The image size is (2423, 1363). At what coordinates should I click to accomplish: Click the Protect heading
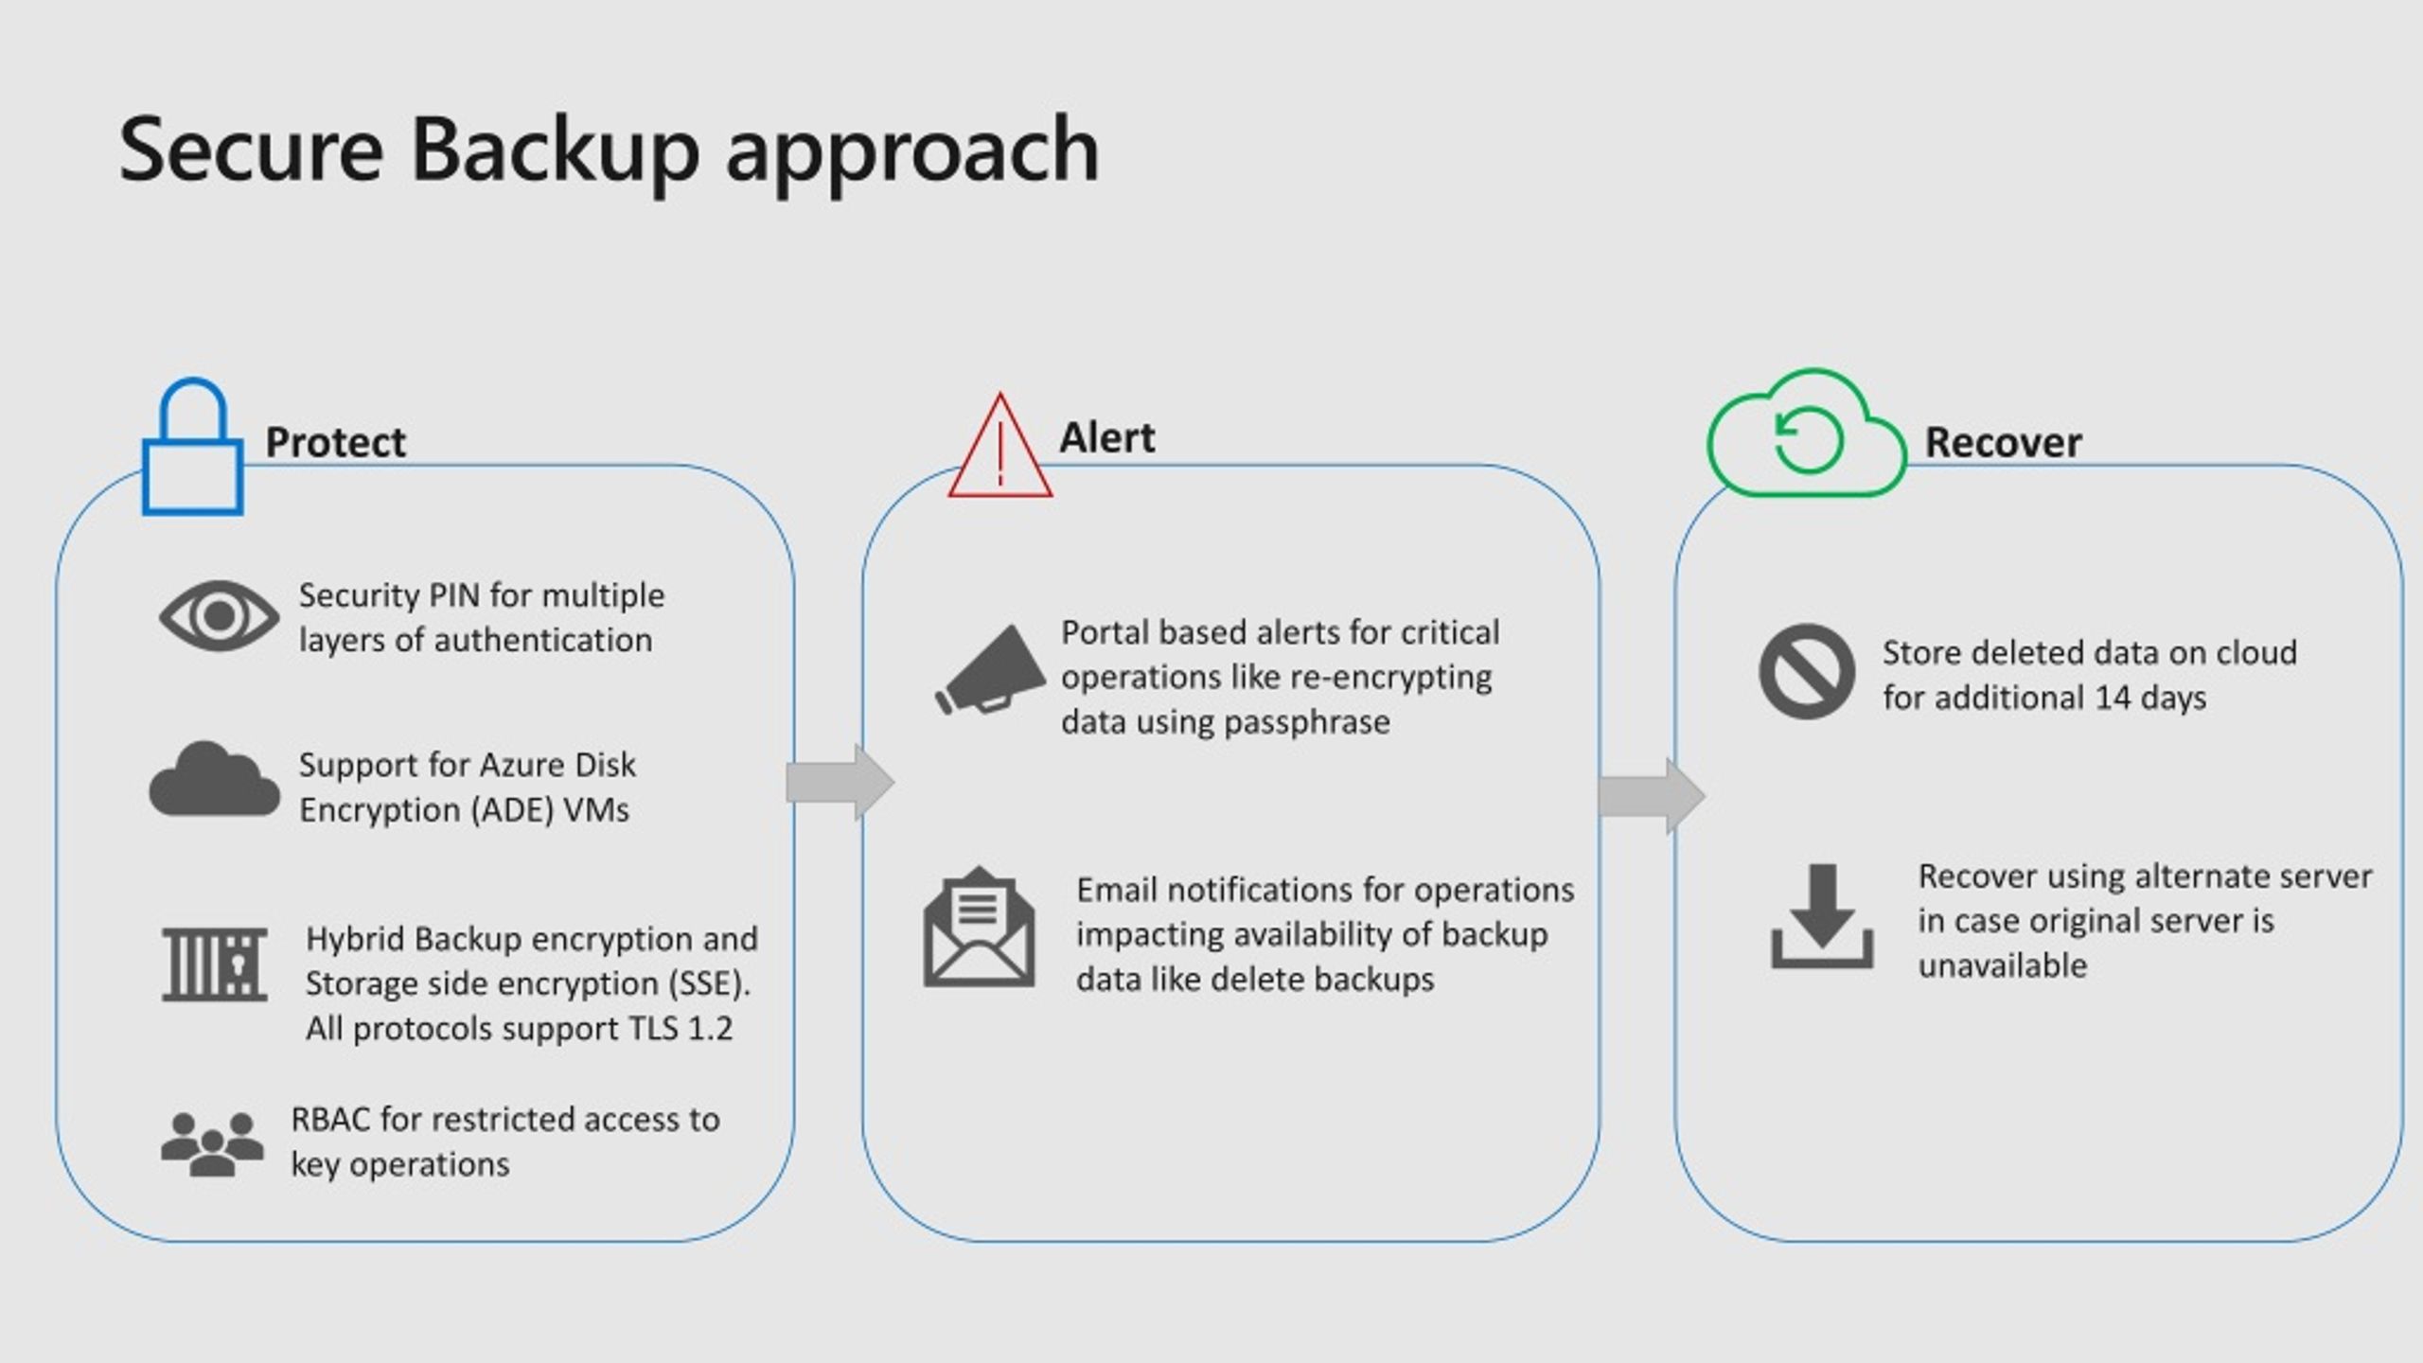335,442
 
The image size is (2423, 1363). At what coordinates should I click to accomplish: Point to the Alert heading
1106,437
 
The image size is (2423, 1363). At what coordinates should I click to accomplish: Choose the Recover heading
2003,442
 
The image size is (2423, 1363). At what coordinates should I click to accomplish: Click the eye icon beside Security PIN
219,615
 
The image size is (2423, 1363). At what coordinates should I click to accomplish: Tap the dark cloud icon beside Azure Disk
214,781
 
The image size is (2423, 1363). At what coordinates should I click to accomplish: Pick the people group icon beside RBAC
212,1143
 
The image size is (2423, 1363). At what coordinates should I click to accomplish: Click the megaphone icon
990,669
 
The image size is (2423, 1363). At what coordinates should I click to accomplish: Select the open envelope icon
979,929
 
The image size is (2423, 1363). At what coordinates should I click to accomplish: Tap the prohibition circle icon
1806,671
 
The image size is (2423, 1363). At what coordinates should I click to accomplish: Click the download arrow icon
1822,916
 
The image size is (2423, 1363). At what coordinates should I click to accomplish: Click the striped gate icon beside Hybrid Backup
215,964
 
